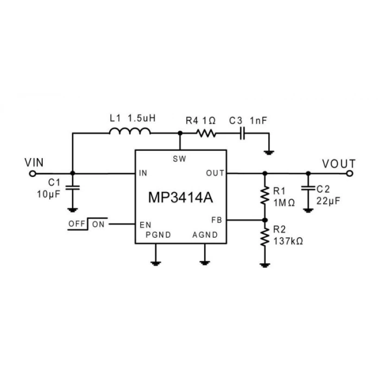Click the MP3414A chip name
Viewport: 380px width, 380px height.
click(180, 197)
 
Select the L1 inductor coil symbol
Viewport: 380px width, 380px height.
click(129, 132)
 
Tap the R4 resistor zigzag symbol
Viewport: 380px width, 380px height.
click(206, 133)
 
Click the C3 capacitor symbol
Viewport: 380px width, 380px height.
click(243, 133)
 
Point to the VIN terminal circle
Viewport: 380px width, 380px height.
click(32, 174)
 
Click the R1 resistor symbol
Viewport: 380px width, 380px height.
click(265, 196)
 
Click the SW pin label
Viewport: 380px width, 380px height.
click(180, 159)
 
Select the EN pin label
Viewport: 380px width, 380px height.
click(145, 224)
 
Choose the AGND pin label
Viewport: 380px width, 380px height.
click(205, 235)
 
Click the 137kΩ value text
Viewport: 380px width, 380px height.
click(288, 240)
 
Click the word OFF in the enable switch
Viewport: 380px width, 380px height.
click(78, 224)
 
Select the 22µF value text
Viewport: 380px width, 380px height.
click(328, 200)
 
